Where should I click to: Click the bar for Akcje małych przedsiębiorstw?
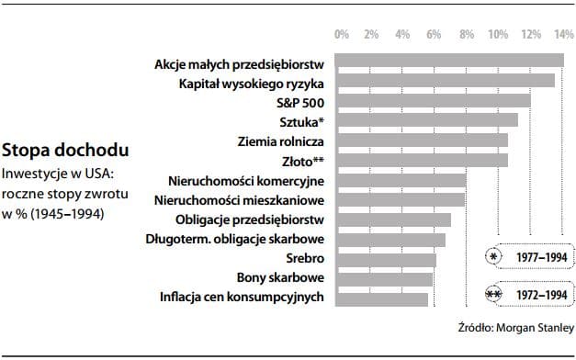tap(449, 61)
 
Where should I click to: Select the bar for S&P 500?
tap(433, 100)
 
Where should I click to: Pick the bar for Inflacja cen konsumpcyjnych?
tap(381, 299)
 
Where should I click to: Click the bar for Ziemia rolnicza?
tap(422, 140)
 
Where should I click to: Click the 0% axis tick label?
tap(342, 34)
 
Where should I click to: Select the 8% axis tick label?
tap(467, 34)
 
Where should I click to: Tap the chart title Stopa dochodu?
tap(64, 149)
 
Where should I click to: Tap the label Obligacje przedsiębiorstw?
tap(249, 219)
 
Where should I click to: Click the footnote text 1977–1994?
tap(540, 258)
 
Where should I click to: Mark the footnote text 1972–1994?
tap(540, 295)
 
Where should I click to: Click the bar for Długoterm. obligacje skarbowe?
tap(390, 240)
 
